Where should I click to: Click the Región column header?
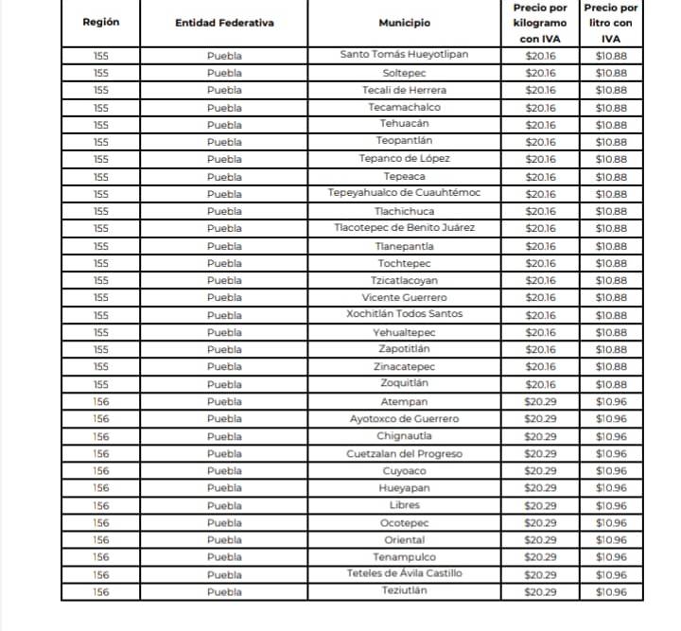pos(101,23)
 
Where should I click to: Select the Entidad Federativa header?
pos(224,23)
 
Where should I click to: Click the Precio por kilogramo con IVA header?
pos(540,23)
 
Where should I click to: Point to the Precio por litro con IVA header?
pos(611,23)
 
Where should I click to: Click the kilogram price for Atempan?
pos(540,401)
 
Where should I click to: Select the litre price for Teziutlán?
pos(611,592)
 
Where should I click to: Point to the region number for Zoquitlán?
pos(101,384)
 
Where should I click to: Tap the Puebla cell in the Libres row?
pos(224,505)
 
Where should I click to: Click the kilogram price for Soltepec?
pos(540,73)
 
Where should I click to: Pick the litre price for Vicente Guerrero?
pos(611,297)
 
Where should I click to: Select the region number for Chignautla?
pos(101,436)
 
